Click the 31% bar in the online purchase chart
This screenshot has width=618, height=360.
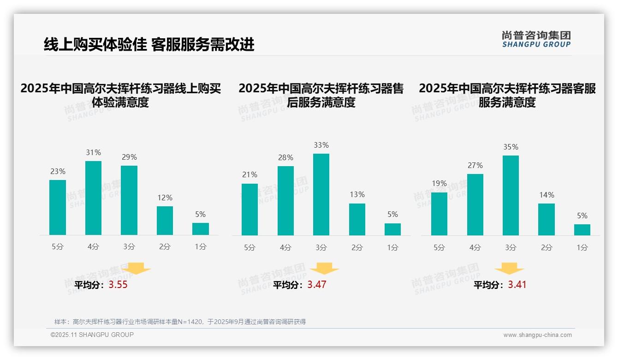tap(93, 198)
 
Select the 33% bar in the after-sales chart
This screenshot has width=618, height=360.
tap(321, 194)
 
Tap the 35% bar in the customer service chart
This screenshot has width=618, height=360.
tap(511, 195)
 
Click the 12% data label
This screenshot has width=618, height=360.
tap(165, 198)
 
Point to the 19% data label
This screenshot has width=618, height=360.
tap(440, 183)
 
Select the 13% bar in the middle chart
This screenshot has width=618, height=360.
tap(357, 219)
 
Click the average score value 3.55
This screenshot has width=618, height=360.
tap(118, 285)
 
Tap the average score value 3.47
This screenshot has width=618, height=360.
tap(317, 285)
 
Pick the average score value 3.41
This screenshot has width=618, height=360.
tap(517, 285)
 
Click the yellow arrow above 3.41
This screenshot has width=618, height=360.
tap(509, 270)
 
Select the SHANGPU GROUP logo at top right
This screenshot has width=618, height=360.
tap(536, 39)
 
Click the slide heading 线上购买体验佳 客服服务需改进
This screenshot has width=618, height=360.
tap(149, 45)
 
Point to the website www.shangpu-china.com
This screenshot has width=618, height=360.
tap(537, 335)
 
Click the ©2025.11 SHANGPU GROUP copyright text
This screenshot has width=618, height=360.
tap(92, 335)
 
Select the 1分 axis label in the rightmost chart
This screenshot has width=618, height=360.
tap(582, 247)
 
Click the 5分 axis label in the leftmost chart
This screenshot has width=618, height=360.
tap(58, 246)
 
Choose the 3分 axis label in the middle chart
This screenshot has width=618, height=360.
tap(321, 247)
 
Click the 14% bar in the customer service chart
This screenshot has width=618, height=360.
tap(547, 219)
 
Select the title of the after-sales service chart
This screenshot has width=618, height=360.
tap(321, 96)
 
